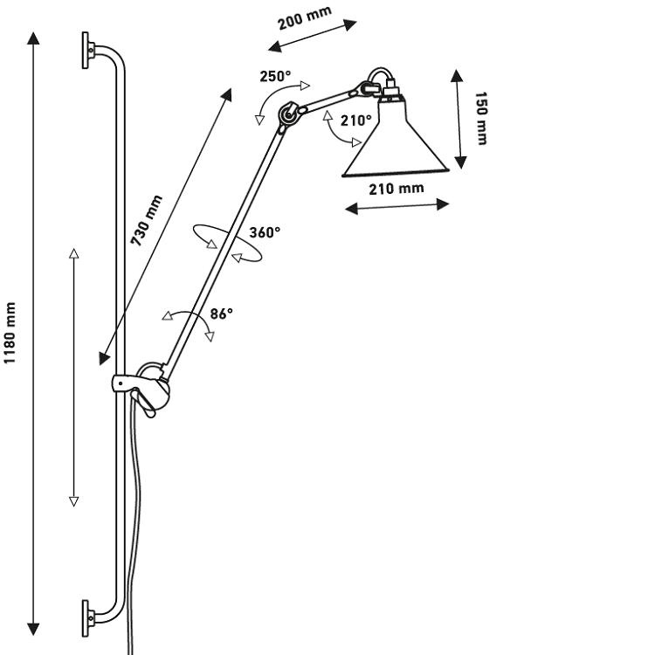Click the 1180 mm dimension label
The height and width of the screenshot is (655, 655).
pos(11,336)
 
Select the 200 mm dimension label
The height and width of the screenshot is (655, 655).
pos(305,17)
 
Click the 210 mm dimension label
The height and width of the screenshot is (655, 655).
pos(396,188)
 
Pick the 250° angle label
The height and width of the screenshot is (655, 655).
pos(275,76)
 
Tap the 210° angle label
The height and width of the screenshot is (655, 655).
pos(356,121)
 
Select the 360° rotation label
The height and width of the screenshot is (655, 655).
pos(265,232)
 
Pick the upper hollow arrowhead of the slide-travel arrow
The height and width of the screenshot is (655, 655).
pos(74,252)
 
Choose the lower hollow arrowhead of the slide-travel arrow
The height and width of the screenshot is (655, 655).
pos(74,501)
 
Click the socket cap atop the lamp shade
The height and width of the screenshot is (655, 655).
pos(390,91)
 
